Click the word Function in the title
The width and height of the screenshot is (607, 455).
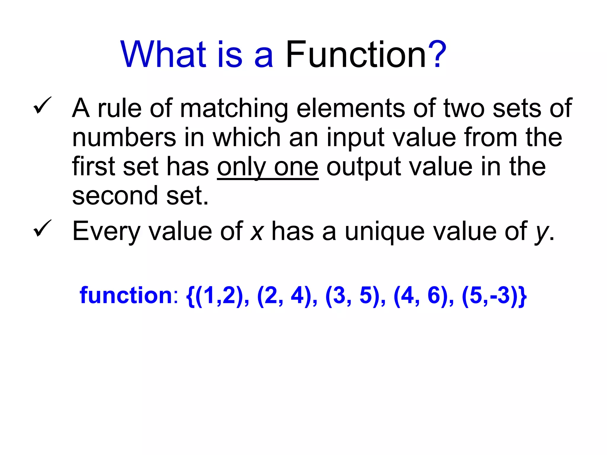[x=355, y=55]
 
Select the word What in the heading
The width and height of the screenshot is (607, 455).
[x=163, y=55]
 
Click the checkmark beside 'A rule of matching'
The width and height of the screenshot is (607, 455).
[x=42, y=105]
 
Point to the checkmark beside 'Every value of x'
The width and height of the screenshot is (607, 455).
[x=42, y=228]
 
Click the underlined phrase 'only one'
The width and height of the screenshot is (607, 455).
[x=268, y=167]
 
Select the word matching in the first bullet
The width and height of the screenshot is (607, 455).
[x=234, y=109]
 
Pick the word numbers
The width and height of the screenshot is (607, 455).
[x=124, y=138]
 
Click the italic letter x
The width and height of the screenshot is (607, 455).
[x=257, y=232]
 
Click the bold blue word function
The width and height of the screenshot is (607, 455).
[x=126, y=296]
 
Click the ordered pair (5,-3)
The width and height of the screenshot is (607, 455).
[x=489, y=296]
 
